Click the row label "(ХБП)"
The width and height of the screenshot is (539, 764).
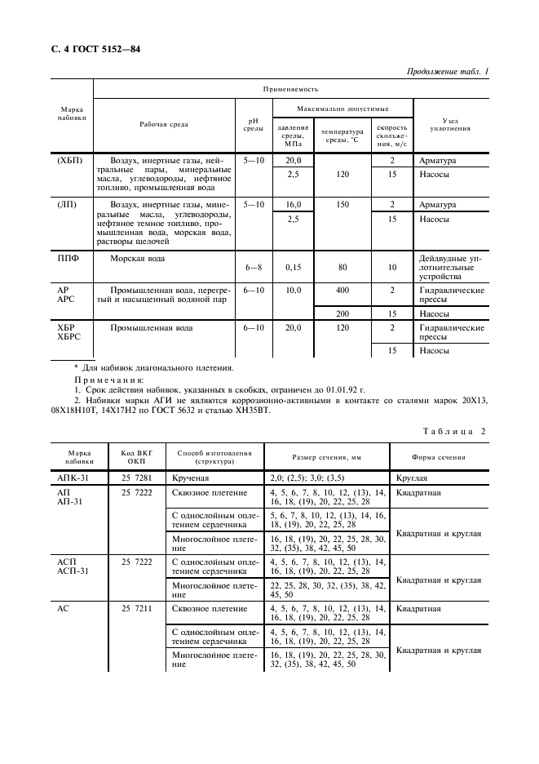[x=69, y=161]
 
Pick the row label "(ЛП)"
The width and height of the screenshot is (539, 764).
[x=68, y=204]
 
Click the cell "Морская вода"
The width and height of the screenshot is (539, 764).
[x=138, y=259]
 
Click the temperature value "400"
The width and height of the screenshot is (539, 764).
[x=342, y=291]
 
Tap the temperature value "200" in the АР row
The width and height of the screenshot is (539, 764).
[x=342, y=313]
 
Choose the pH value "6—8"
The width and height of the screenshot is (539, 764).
[x=253, y=267]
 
